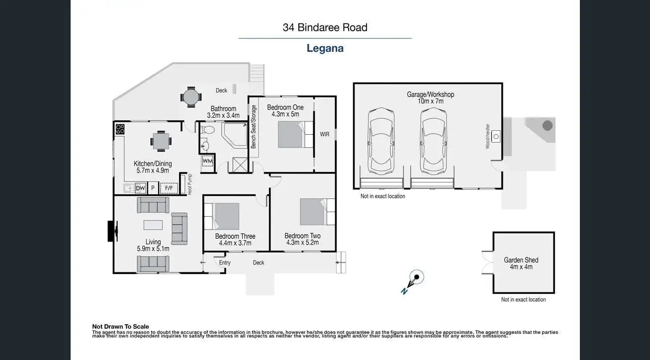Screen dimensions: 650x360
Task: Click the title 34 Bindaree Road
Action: click(325, 27)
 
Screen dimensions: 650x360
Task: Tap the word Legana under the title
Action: click(325, 48)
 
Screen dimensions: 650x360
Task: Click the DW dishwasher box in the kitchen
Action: click(140, 188)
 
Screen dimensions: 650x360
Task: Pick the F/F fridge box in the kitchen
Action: click(169, 188)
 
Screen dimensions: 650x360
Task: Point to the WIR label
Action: click(324, 134)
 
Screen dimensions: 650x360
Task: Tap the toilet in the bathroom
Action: click(208, 130)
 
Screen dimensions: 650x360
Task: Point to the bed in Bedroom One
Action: click(293, 134)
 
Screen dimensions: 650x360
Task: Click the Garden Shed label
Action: click(521, 260)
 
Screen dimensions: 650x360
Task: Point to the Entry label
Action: click(225, 263)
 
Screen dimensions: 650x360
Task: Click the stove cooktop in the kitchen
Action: click(120, 129)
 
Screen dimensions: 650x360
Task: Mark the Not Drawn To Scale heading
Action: click(120, 327)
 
